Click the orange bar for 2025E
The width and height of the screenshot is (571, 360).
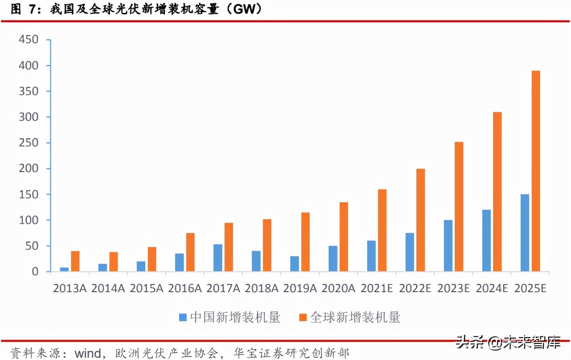pos(536,171)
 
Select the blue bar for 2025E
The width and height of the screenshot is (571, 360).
pos(525,233)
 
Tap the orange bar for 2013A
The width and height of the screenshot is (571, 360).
pos(75,262)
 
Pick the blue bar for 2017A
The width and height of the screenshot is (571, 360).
pos(218,258)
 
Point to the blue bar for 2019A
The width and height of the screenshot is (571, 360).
pos(294,264)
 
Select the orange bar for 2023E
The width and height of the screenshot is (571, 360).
pos(459,207)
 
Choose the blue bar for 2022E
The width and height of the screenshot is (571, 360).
pos(409,252)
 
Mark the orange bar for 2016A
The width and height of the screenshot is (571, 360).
pos(190,252)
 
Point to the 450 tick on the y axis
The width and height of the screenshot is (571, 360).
pos(29,40)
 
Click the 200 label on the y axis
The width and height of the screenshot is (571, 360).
pos(29,169)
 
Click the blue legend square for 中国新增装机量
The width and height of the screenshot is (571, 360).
pos(183,317)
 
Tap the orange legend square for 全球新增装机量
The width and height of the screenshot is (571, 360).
pos(303,317)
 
